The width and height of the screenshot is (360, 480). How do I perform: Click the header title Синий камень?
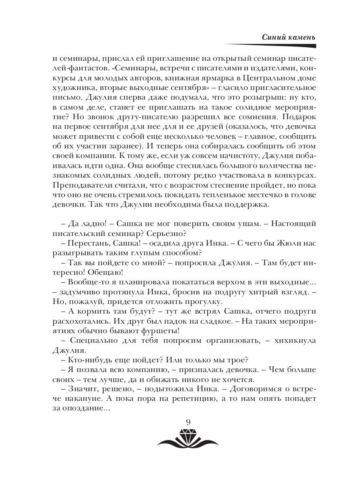point(288,37)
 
